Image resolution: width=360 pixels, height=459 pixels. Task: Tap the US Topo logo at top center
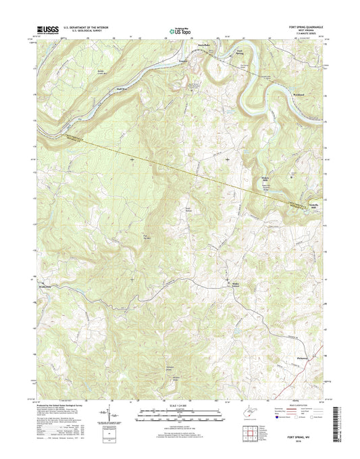coord(179,30)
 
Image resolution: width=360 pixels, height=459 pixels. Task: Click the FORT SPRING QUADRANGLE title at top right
coord(302,26)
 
